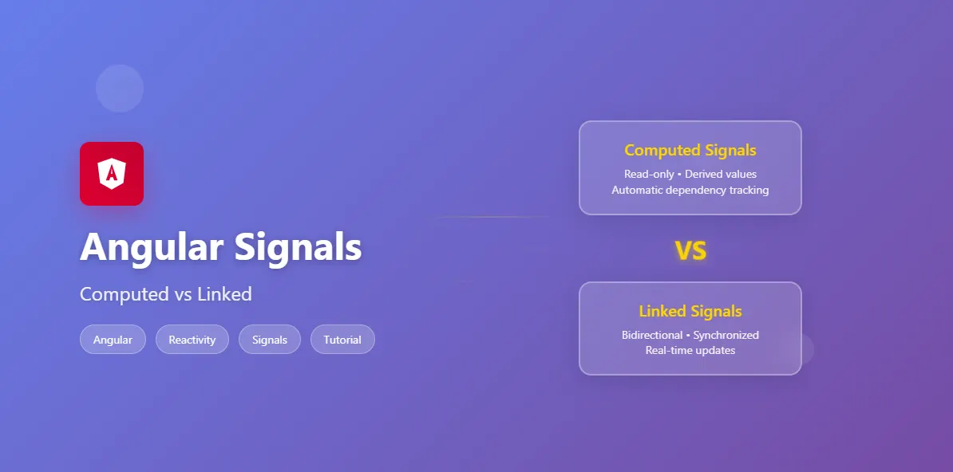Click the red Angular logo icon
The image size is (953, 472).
point(112,174)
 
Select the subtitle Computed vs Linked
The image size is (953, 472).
point(166,294)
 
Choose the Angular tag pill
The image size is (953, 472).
point(113,340)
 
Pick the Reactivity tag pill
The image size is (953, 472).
point(192,340)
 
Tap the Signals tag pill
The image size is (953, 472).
point(270,340)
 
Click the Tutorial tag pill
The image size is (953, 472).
point(342,340)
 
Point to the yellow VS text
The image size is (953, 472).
point(690,251)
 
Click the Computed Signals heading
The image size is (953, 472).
point(690,150)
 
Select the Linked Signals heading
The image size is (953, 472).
point(690,311)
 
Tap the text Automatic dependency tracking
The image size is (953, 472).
point(690,190)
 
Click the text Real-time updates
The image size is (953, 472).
point(690,350)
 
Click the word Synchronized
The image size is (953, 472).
point(726,335)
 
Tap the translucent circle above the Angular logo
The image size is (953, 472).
point(120,88)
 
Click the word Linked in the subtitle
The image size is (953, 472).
point(224,294)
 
